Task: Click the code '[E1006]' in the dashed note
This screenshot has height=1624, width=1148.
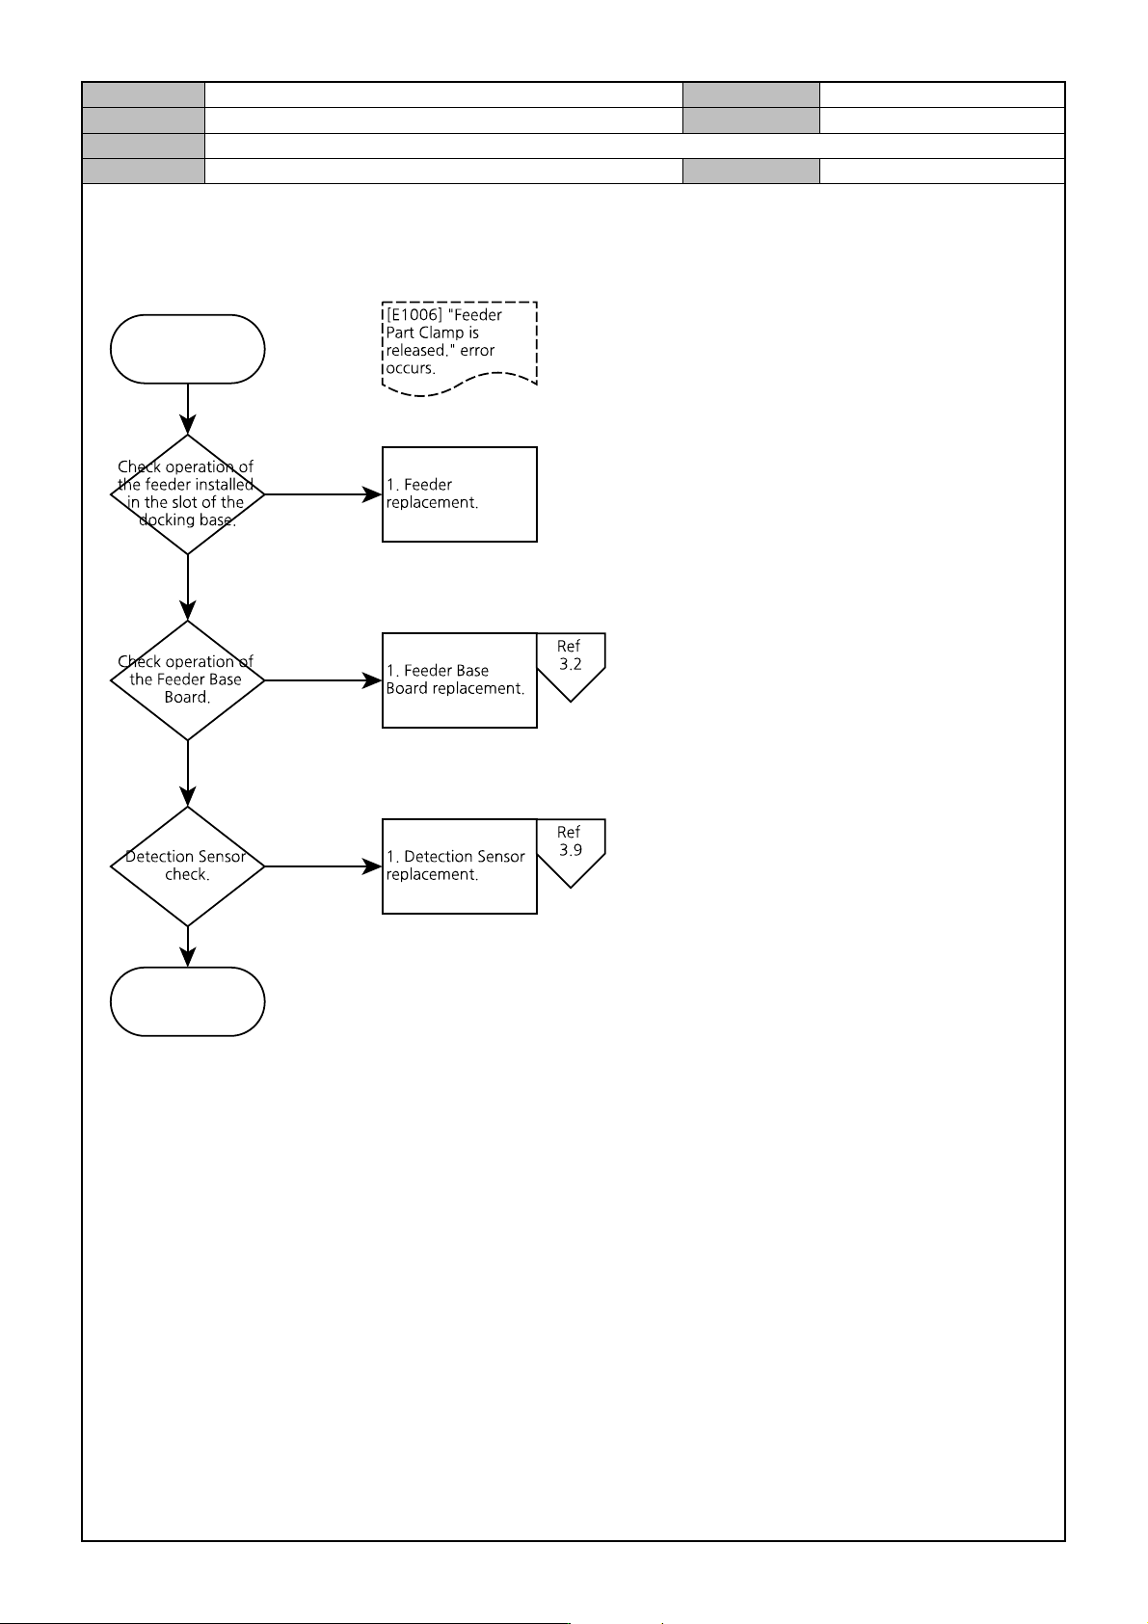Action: [414, 314]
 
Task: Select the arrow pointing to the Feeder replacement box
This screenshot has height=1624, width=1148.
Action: [324, 494]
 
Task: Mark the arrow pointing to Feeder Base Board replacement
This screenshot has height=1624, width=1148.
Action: [324, 680]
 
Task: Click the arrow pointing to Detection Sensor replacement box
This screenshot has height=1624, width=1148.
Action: [324, 866]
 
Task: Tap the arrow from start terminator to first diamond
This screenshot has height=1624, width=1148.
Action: [188, 409]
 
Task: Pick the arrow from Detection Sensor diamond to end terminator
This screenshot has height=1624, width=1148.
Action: [188, 946]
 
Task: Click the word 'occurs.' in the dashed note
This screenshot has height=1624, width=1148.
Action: [411, 368]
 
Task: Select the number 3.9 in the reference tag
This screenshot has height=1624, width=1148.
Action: [571, 850]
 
